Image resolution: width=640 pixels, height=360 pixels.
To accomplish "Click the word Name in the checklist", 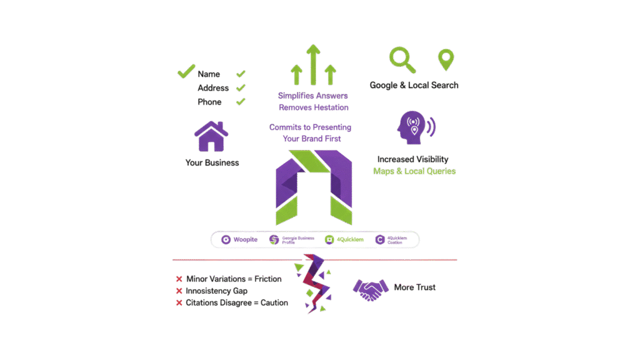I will click(209, 74).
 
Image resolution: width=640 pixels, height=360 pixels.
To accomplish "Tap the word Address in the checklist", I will click(213, 88).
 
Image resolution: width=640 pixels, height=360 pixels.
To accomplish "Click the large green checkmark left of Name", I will click(186, 72).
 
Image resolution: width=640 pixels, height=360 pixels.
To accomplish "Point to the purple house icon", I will click(211, 136).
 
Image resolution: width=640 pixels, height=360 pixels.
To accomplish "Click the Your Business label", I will click(212, 162).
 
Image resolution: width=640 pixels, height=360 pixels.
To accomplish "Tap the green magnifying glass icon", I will click(402, 59).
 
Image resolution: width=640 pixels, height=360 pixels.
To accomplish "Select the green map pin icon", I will click(446, 61).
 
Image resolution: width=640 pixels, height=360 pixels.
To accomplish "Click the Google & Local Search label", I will click(414, 85).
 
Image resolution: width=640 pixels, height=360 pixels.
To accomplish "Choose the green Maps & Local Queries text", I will click(414, 171).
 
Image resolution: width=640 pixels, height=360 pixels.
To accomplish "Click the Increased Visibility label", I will click(412, 159).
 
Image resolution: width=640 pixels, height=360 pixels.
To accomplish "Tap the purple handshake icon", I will click(371, 289).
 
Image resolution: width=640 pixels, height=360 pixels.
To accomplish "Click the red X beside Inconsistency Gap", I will click(179, 291).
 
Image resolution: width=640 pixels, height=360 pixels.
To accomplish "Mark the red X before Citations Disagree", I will click(179, 303).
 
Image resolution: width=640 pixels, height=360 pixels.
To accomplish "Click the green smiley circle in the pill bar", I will click(328, 239).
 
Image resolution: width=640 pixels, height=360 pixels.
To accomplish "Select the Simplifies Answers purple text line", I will click(313, 96).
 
